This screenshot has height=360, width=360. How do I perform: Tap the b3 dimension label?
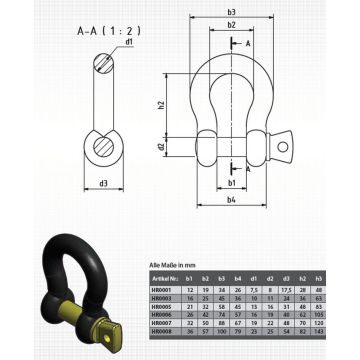[232, 12]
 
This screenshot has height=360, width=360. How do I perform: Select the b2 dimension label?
[232, 25]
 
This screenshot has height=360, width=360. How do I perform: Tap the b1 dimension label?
[232, 185]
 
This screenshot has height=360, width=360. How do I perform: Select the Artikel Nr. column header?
[166, 273]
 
